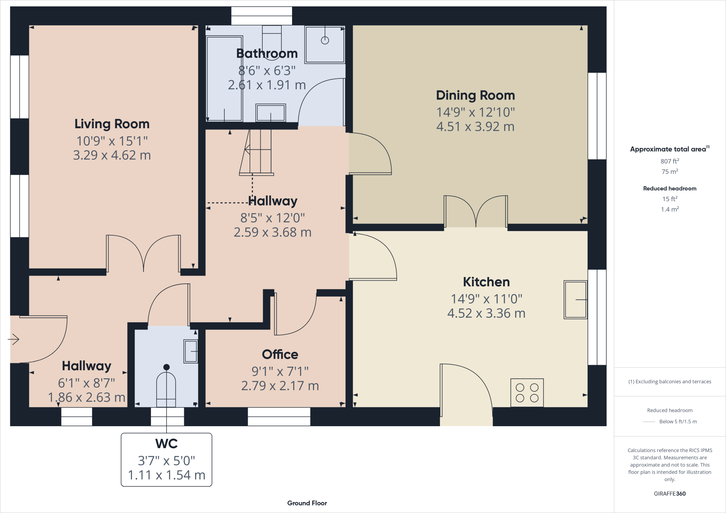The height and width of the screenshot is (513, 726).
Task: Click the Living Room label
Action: tap(112, 124)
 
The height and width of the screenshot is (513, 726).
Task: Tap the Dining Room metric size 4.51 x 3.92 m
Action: tap(475, 126)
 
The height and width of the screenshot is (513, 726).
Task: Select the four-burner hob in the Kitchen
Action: tap(527, 393)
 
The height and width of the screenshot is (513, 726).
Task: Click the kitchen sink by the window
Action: tap(575, 300)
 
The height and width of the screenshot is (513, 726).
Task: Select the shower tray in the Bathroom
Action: tap(325, 44)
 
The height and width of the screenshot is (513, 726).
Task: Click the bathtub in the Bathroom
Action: tap(224, 79)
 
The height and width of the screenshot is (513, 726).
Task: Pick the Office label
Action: tap(280, 354)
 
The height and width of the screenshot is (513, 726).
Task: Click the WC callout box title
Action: tap(166, 444)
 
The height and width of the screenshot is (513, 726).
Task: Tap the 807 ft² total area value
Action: tap(669, 161)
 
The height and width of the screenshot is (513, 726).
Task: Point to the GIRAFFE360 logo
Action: tap(669, 494)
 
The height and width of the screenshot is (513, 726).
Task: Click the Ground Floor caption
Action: tap(307, 503)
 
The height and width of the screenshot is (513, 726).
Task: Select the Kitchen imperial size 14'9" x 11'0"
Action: tap(486, 299)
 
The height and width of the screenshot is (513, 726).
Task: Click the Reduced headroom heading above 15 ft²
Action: tap(669, 188)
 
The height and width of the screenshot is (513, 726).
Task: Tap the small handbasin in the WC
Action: tap(191, 351)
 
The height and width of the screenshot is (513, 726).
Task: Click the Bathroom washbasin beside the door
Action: tap(270, 113)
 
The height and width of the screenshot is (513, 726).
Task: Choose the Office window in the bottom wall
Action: tap(279, 416)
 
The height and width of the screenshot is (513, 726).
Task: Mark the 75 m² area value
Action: tap(669, 171)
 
